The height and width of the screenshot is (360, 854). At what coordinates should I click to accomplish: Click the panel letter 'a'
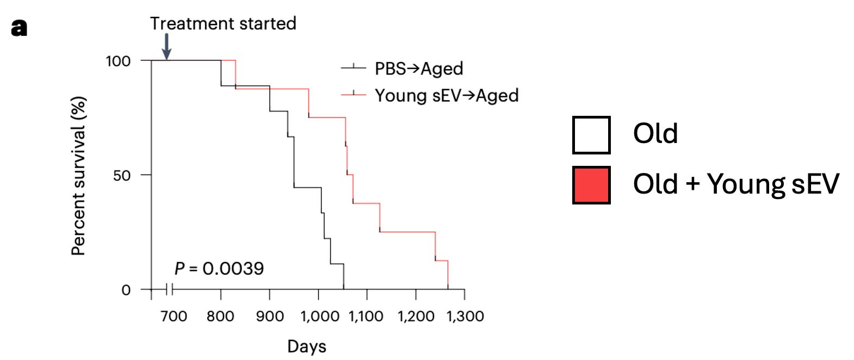19,27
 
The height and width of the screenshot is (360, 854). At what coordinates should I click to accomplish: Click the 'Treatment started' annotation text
223,23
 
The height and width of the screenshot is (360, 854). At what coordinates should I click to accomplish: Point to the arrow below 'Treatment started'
166,47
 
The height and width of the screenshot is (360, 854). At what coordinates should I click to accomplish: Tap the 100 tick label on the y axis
118,61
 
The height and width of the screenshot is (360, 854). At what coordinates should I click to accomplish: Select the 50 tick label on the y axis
122,176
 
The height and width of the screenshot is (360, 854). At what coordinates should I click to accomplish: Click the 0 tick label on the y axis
126,290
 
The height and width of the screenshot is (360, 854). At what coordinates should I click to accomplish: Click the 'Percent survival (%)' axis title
79,176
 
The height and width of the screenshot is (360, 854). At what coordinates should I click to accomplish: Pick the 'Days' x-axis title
307,346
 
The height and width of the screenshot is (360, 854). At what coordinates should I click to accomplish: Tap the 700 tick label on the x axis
174,316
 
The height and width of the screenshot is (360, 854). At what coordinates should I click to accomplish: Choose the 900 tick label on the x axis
270,316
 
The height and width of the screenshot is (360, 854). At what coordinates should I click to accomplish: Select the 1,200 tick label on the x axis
416,316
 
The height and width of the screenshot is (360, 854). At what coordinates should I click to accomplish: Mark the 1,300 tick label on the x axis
465,316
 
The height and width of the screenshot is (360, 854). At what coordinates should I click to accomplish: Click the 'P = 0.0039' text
219,269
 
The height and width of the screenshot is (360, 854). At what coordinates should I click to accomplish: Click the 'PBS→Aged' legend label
419,69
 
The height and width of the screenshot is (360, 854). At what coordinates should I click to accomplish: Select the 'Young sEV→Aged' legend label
447,96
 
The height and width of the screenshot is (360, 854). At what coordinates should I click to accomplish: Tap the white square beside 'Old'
591,135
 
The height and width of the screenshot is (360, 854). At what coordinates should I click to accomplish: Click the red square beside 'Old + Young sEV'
591,185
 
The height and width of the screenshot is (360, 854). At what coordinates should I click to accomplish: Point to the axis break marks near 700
169,289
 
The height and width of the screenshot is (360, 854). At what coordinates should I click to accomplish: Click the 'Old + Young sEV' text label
736,184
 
